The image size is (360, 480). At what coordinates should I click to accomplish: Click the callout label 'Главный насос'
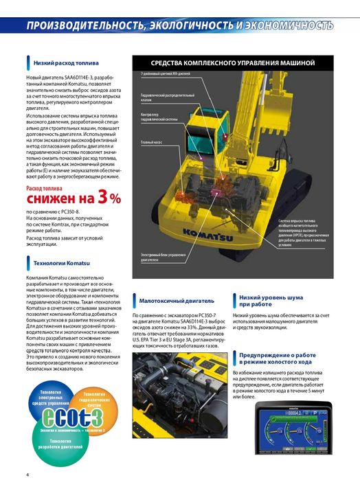[152, 144]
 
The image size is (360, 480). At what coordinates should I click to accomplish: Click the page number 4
[27, 474]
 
